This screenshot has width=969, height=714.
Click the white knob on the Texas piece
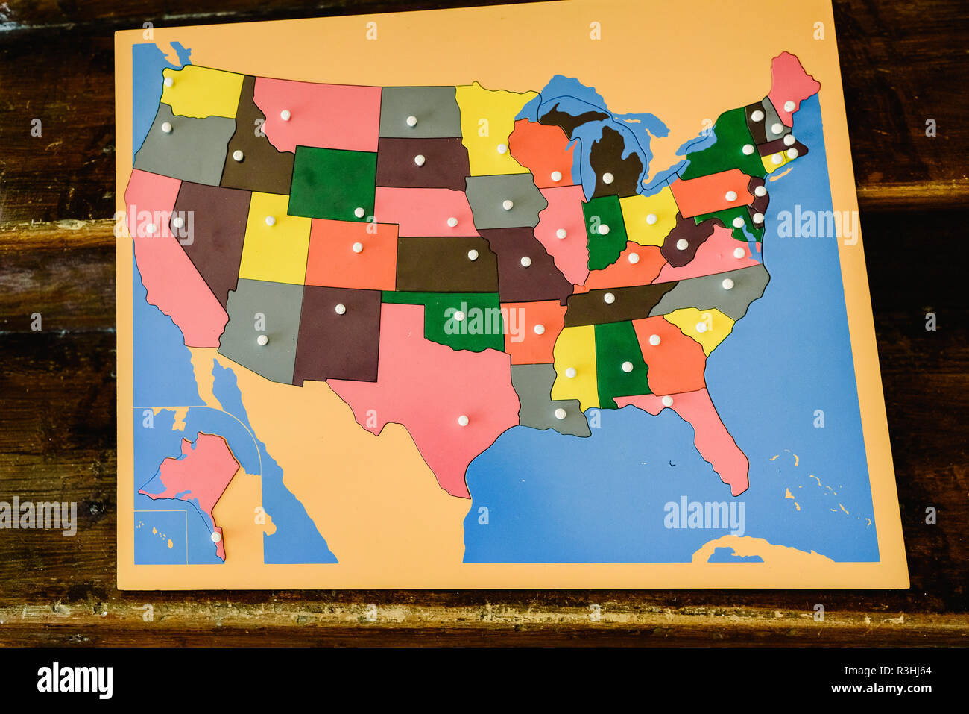coord(463,421)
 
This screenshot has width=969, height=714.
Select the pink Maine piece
coord(792,85)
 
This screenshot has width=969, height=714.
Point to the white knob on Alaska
coord(215,536)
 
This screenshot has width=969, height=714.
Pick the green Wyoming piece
coord(332,183)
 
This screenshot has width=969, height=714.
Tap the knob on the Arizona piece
coord(262,340)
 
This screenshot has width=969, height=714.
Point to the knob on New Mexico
coord(340,309)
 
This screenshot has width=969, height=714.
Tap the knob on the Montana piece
coord(285,116)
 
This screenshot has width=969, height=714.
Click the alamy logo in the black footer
coord(75,680)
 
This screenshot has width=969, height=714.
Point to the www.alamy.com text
coord(885,689)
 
